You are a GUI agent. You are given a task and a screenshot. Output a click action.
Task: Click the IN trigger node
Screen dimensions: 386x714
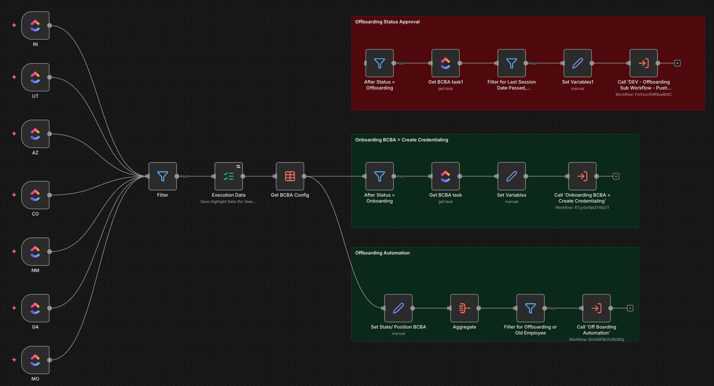click(35, 26)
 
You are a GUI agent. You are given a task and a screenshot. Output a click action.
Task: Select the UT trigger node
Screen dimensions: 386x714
click(35, 77)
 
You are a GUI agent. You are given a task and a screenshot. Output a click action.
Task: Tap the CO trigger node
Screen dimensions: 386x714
click(35, 195)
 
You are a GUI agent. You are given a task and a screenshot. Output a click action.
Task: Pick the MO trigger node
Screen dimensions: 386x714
click(35, 360)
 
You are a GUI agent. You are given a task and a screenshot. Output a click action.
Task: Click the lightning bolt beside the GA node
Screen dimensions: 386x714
click(14, 308)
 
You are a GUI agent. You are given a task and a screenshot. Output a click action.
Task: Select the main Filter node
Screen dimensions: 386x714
click(162, 176)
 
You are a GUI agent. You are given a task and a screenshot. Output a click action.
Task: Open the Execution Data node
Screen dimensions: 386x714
click(228, 176)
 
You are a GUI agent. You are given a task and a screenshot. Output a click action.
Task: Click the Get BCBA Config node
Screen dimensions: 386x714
click(290, 176)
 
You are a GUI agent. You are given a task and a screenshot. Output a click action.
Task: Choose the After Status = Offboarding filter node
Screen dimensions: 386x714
click(379, 63)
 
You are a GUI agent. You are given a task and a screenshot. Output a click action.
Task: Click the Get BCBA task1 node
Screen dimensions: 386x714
click(445, 63)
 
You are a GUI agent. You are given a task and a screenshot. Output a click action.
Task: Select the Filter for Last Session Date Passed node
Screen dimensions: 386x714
click(511, 63)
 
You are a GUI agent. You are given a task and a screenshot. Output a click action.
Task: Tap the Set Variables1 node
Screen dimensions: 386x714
click(577, 63)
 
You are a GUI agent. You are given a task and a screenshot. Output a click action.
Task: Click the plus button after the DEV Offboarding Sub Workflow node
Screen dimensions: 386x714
click(677, 63)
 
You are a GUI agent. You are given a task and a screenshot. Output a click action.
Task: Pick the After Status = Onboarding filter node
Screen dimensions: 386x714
click(379, 176)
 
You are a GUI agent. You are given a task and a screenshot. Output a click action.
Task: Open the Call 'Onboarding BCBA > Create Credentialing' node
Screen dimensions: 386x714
click(582, 176)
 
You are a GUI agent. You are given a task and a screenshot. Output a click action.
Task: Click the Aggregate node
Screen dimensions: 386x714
click(464, 308)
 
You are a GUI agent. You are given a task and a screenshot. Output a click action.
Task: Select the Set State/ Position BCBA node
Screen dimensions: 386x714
click(398, 308)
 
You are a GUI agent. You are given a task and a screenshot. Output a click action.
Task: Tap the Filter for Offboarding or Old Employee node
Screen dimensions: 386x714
click(530, 308)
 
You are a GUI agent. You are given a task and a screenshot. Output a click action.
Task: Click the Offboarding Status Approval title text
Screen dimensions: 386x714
click(387, 22)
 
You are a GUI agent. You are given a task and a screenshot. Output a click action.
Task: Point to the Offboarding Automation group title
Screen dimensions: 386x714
click(382, 253)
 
